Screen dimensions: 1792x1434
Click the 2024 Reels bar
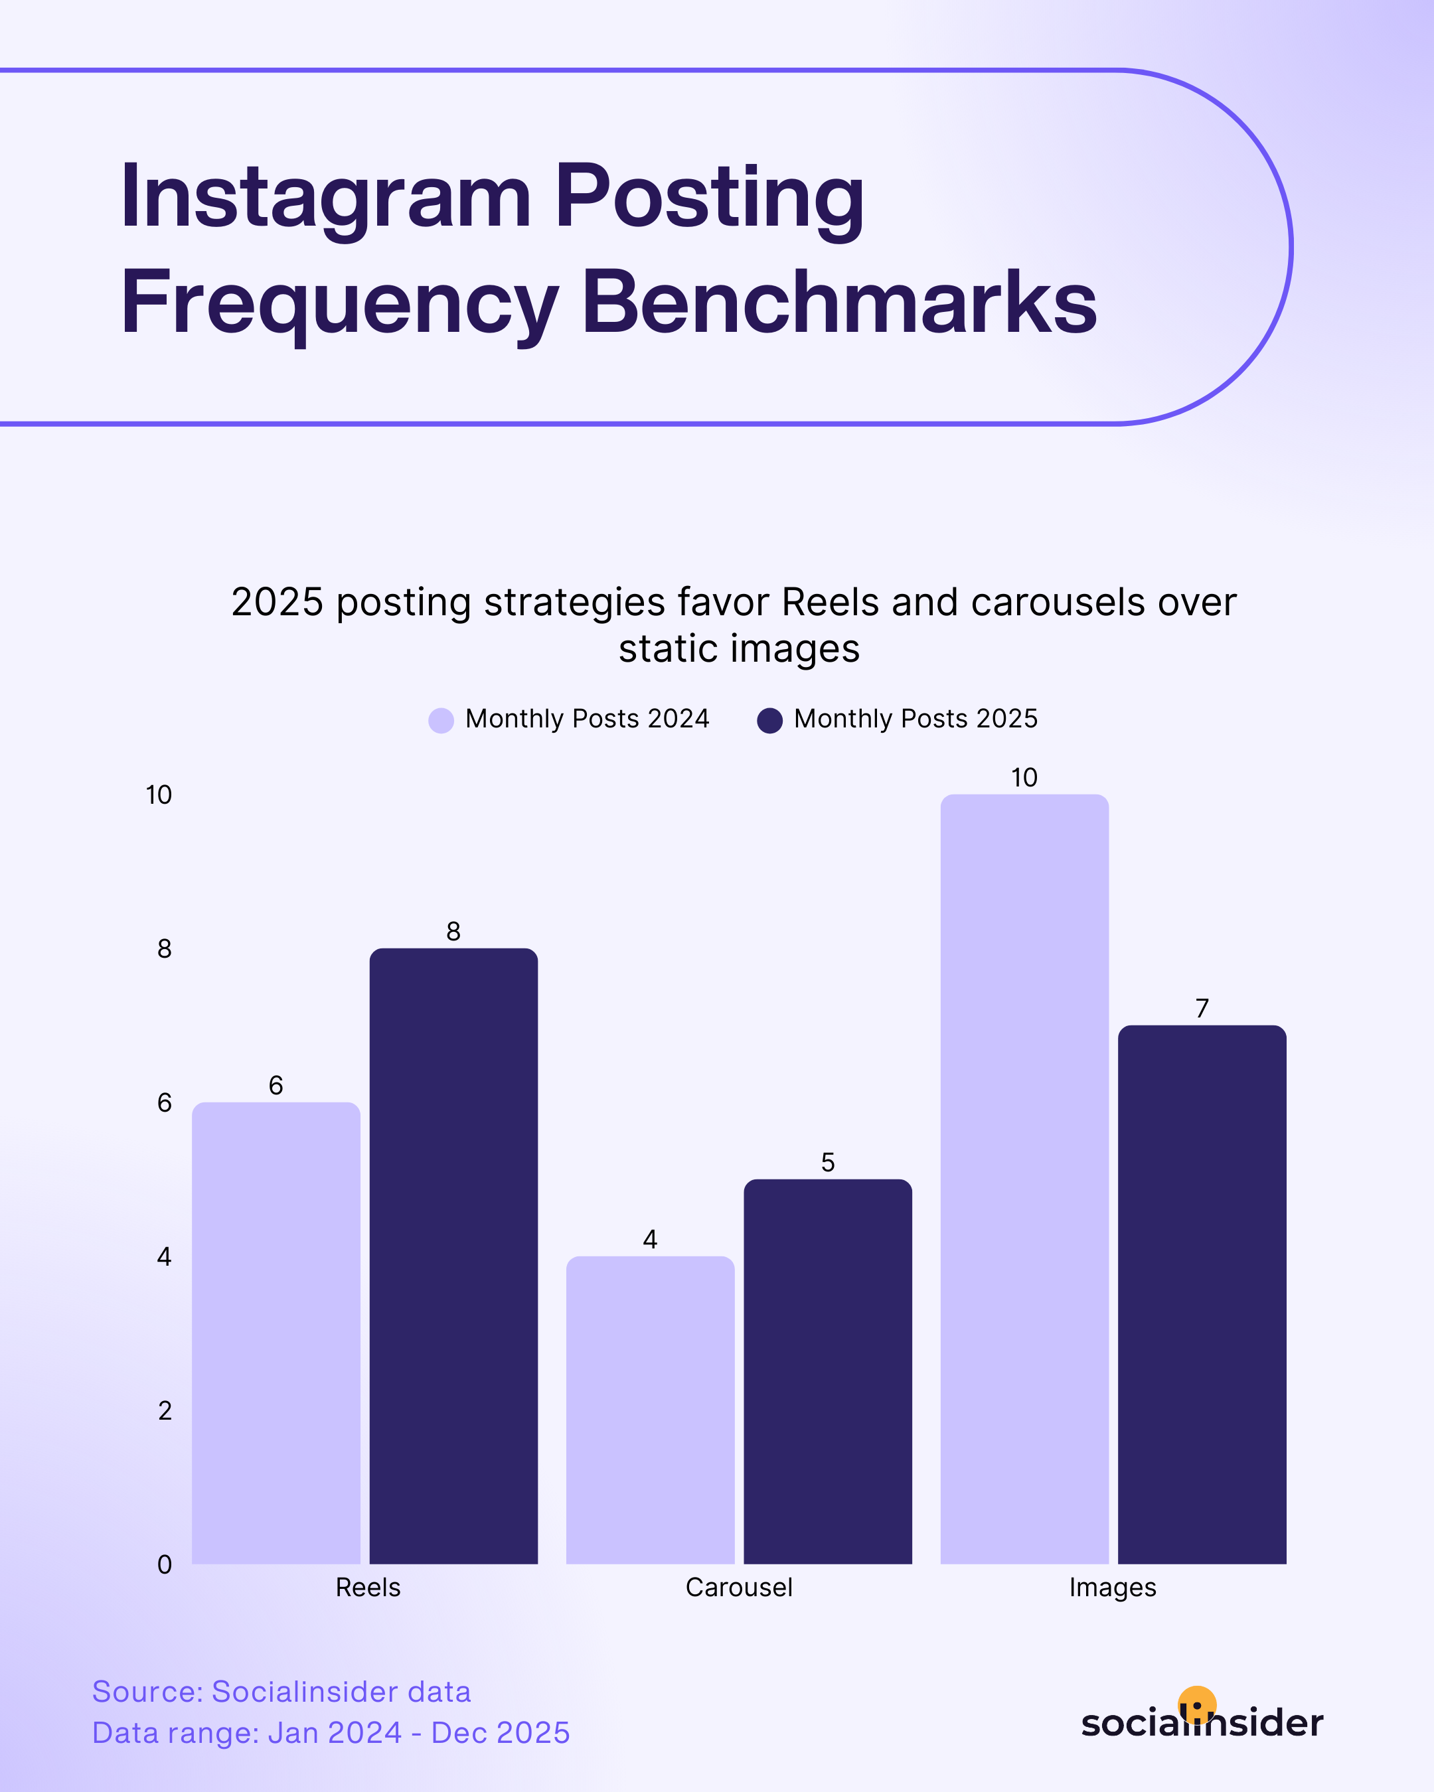276,1334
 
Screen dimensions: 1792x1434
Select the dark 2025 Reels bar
453,1257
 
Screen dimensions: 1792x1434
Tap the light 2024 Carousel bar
650,1410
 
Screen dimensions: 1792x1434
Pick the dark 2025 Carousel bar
827,1373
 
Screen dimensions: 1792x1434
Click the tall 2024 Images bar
1024,1180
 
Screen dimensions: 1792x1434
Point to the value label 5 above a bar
827,1162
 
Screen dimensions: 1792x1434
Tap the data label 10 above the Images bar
1024,778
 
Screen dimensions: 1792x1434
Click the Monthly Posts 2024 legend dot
441,720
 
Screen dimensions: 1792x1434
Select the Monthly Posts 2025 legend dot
770,720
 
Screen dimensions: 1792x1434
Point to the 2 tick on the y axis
165,1410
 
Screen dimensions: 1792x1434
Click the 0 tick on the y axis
165,1564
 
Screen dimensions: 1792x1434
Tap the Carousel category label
738,1588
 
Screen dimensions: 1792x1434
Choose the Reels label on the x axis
367,1588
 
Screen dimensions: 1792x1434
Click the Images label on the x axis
1112,1588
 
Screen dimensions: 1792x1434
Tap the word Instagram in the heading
325,197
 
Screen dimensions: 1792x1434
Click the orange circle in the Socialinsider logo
1197,1704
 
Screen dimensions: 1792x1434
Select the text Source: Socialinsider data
281,1691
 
